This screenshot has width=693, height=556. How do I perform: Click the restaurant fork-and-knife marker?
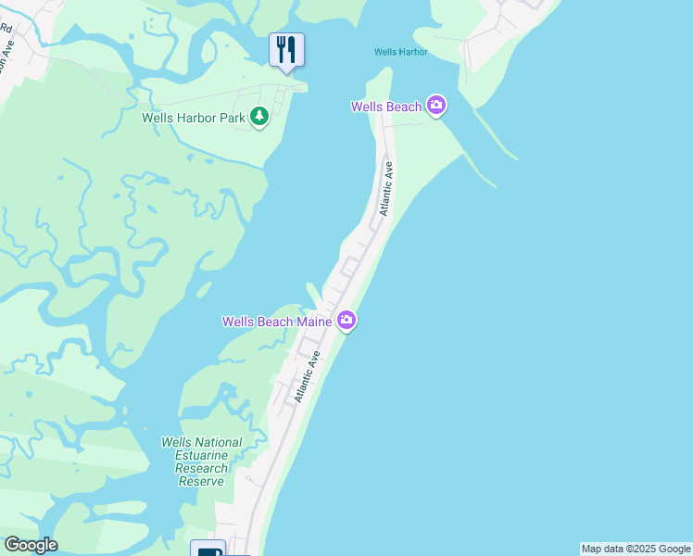coord(286,49)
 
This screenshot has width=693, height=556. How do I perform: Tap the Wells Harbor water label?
coord(401,52)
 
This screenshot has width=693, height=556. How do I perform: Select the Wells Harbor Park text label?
coord(194,118)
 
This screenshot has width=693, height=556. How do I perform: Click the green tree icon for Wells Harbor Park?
coord(260,117)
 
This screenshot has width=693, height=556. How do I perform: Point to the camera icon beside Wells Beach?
coord(436,107)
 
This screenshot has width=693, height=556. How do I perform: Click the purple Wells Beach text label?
coord(386,107)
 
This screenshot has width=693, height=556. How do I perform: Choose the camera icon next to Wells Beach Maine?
coord(346,321)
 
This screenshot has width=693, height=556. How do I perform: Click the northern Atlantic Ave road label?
coord(386,189)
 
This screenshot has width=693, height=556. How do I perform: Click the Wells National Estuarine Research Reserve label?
coord(201,461)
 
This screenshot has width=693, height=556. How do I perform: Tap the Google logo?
coord(31,545)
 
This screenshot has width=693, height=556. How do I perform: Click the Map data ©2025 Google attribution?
coord(636,549)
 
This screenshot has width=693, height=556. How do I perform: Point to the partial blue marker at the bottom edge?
coord(209,549)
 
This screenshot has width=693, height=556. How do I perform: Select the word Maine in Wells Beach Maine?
coord(314,322)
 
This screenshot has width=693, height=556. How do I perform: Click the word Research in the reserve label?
coord(201,468)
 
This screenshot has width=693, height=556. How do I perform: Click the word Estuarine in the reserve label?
coord(201,455)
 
